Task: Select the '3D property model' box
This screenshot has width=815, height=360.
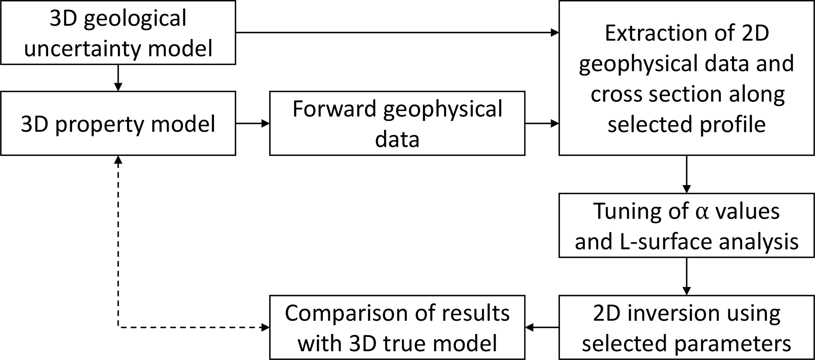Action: tap(118, 123)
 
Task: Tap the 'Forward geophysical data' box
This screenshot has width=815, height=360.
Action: tap(397, 123)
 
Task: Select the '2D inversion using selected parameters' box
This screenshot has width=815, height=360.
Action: tap(686, 327)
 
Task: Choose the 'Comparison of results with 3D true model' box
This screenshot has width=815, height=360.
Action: tap(397, 327)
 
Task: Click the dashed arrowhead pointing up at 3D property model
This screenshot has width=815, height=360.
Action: tap(118, 160)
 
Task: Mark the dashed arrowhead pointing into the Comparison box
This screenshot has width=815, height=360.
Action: tap(265, 327)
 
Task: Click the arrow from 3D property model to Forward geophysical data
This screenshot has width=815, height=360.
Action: tap(252, 123)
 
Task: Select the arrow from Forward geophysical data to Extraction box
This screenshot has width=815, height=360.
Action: tap(542, 123)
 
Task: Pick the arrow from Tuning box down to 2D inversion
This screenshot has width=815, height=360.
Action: tap(686, 276)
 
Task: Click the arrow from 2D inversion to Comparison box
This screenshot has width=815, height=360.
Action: tap(542, 327)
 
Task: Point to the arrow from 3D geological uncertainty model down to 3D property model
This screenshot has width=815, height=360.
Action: tap(118, 78)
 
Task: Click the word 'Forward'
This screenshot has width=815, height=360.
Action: tap(334, 109)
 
